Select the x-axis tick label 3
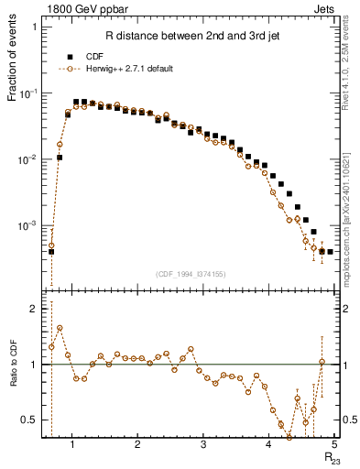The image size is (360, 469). point(202,446)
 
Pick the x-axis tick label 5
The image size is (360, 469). point(334,446)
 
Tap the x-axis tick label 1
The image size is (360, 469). point(71,446)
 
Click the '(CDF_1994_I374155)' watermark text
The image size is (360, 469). point(190,274)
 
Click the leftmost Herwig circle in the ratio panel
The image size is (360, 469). point(51,346)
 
